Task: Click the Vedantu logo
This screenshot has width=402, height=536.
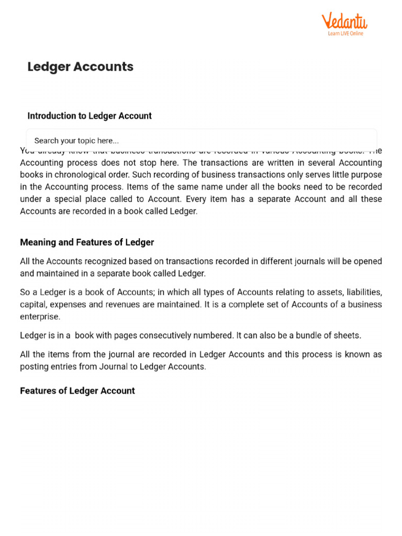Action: pos(344,21)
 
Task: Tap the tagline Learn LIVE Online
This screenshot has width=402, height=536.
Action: pos(345,33)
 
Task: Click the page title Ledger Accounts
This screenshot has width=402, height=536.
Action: pos(80,66)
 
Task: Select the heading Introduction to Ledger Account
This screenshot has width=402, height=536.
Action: pos(90,116)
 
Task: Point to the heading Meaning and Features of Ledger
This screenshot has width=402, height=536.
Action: pos(87,242)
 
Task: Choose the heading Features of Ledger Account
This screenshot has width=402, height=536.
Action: pos(77,390)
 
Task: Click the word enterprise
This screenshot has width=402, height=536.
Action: pos(40,317)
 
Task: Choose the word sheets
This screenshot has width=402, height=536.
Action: pos(348,336)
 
